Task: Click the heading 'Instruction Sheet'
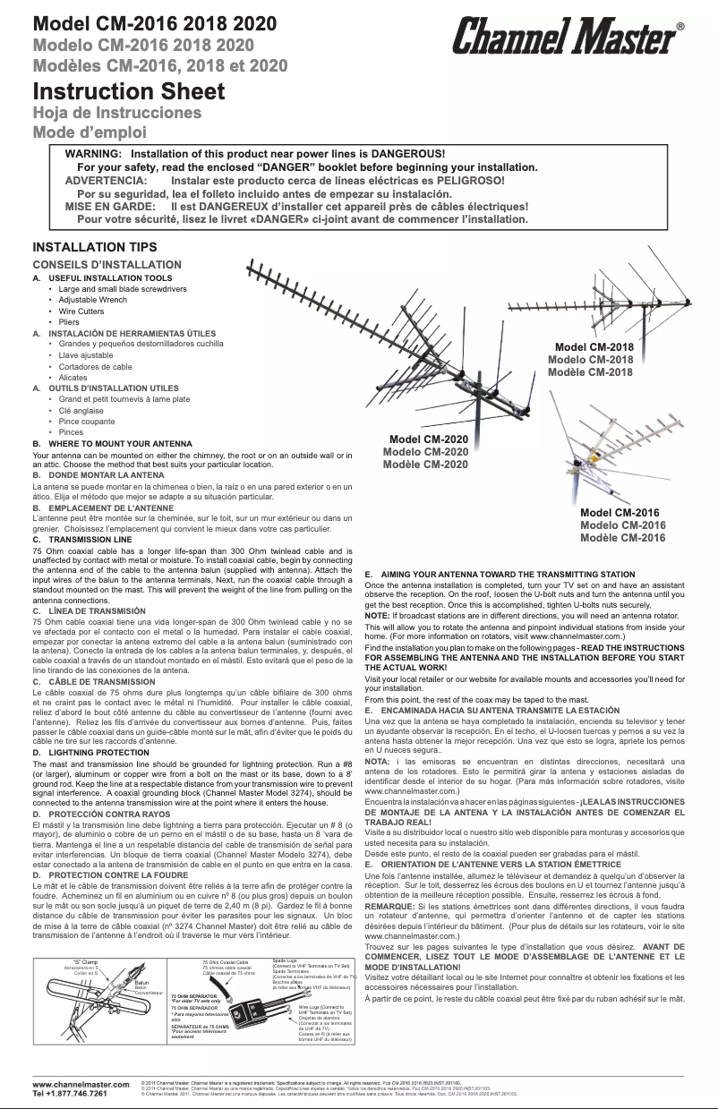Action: click(x=128, y=91)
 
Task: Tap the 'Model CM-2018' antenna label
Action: click(x=594, y=347)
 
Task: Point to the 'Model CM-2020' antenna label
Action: click(x=428, y=439)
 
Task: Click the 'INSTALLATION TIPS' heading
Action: click(x=94, y=247)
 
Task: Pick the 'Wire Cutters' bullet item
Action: click(x=81, y=311)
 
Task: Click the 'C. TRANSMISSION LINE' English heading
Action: click(x=82, y=540)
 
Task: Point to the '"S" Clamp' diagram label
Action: click(x=85, y=961)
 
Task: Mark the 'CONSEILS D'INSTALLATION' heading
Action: click(x=107, y=265)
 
